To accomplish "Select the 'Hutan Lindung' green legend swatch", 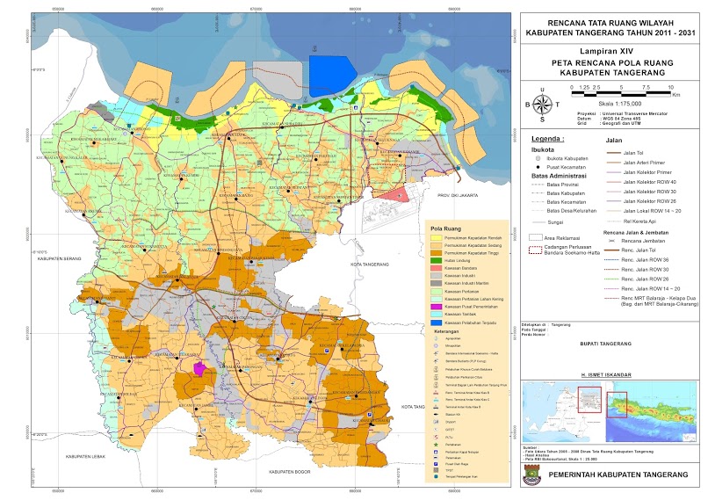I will [x=436, y=262].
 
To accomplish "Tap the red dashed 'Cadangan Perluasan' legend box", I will [x=536, y=250].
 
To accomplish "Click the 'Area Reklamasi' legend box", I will [x=536, y=237].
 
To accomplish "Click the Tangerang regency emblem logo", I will [x=535, y=475].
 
